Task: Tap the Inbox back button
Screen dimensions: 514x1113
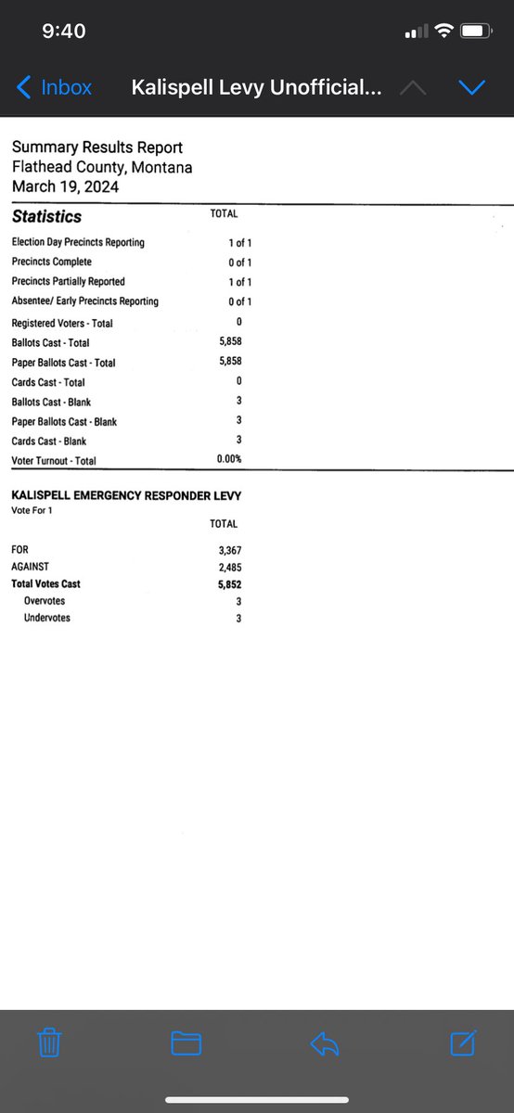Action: point(55,88)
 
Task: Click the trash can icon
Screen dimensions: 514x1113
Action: point(49,1043)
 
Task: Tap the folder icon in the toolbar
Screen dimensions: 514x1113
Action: point(186,1043)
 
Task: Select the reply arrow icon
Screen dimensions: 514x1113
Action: point(324,1043)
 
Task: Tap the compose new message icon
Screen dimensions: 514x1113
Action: point(463,1043)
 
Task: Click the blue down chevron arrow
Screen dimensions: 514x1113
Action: point(472,88)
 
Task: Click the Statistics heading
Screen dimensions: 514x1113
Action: point(46,217)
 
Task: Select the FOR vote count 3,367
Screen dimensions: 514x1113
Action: point(229,551)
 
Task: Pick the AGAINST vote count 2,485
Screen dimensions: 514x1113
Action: point(229,568)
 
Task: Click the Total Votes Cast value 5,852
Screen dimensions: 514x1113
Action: point(229,584)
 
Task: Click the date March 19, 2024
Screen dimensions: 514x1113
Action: point(65,186)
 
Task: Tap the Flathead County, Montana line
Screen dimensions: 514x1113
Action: point(102,167)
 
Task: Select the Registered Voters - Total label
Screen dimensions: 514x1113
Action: point(62,324)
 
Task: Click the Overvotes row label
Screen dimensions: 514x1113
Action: point(45,601)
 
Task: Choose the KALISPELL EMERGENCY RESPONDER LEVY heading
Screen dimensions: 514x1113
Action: point(126,496)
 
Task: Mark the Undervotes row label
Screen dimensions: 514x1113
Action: point(47,618)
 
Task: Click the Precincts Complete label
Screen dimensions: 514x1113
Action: point(51,262)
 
